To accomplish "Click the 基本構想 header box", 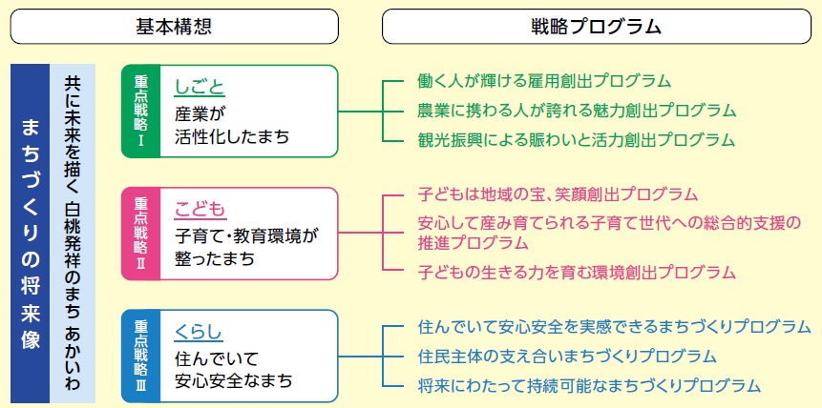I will (174, 26).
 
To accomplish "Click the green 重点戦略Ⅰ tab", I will (140, 112).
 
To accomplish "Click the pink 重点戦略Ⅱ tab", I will (140, 234).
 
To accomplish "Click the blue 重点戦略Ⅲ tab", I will (140, 356).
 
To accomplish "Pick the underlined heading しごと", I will (200, 88).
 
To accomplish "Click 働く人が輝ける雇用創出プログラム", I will (544, 81).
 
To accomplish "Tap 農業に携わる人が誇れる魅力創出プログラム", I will (577, 111).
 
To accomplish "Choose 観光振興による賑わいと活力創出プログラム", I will (577, 140).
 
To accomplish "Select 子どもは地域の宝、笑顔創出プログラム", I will (558, 194).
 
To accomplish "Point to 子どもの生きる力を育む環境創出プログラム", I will (577, 272).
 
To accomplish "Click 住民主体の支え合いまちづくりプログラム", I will (567, 357).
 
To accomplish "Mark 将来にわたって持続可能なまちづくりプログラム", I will (589, 386).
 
